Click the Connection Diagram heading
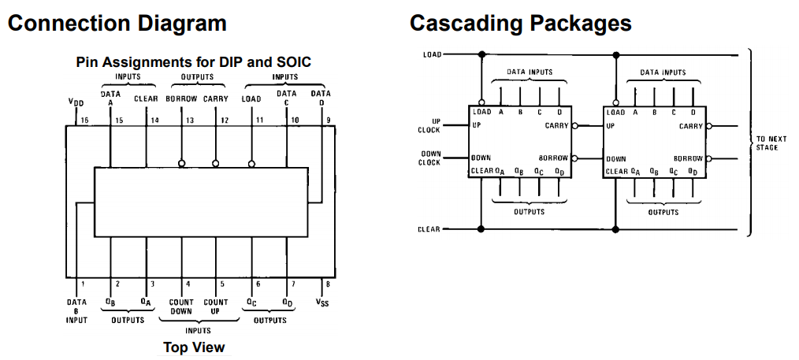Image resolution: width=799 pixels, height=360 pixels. (117, 24)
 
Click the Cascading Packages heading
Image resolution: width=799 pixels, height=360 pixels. (520, 24)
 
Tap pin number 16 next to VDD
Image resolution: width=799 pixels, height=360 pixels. (84, 121)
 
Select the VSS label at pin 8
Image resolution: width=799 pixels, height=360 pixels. (322, 303)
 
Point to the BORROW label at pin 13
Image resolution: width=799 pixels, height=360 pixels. (181, 98)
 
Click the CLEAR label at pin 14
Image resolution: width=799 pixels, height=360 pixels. (146, 98)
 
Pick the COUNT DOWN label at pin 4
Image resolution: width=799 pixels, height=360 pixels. (181, 306)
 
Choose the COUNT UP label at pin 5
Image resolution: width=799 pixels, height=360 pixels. (215, 306)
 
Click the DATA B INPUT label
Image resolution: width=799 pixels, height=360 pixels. (76, 310)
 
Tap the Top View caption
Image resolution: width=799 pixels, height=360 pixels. (194, 347)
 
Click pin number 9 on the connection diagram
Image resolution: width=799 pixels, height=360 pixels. (329, 121)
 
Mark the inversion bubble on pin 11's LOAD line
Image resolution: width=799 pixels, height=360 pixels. (251, 164)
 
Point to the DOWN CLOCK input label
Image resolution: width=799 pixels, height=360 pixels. (429, 158)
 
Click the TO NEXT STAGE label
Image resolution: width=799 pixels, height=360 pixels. (767, 143)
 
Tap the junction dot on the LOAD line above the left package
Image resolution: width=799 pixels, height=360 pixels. (481, 54)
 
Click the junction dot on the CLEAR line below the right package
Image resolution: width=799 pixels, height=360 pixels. (615, 230)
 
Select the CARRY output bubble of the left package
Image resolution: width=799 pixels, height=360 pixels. (574, 126)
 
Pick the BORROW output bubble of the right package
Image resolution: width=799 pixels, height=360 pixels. (709, 158)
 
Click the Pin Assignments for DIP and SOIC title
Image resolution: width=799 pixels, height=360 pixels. (194, 62)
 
